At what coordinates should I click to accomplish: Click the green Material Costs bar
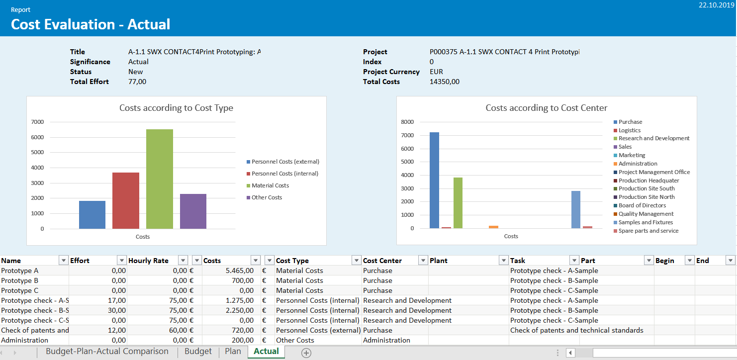point(160,179)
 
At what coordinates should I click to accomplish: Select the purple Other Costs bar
point(193,211)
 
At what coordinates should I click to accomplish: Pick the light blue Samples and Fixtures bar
point(576,209)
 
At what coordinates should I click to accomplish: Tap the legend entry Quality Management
point(645,214)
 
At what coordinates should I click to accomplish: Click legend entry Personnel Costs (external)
point(285,162)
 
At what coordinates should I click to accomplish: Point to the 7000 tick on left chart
point(38,122)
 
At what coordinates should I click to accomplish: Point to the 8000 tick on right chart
point(407,122)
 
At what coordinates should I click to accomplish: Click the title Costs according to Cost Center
point(546,108)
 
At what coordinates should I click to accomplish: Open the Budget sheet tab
point(198,352)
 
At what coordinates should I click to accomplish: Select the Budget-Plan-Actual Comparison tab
point(107,352)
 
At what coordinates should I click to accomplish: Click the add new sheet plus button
point(306,353)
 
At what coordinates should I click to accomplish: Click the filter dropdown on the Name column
point(63,261)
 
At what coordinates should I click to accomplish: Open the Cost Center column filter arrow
point(423,261)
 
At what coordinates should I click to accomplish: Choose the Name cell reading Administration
point(25,340)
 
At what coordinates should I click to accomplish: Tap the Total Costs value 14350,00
point(445,82)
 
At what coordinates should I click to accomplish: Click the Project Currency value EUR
point(436,72)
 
